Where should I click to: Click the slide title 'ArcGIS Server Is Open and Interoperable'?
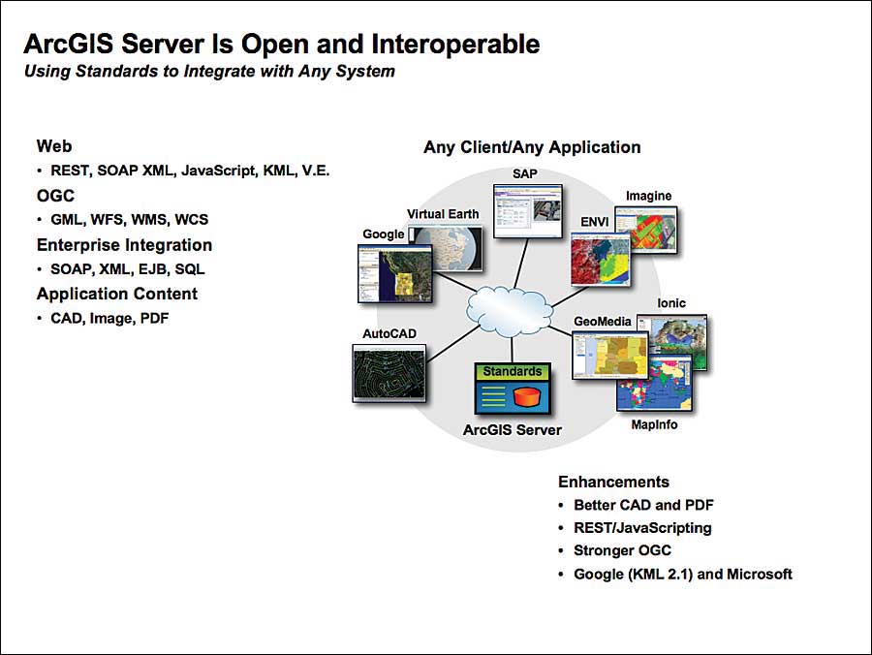pyautogui.click(x=281, y=44)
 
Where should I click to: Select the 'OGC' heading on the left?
pyautogui.click(x=56, y=196)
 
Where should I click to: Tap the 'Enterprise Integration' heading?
pyautogui.click(x=124, y=245)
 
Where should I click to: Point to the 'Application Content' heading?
pyautogui.click(x=117, y=294)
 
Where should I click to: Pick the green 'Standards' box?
pyautogui.click(x=513, y=372)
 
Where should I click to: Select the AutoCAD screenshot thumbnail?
pyautogui.click(x=389, y=373)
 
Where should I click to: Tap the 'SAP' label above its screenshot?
pyautogui.click(x=526, y=173)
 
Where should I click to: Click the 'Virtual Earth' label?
pyautogui.click(x=443, y=214)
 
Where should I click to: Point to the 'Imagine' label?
pyautogui.click(x=648, y=196)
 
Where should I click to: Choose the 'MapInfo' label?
pyautogui.click(x=654, y=424)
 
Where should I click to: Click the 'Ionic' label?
pyautogui.click(x=671, y=303)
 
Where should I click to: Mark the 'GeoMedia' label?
pyautogui.click(x=603, y=322)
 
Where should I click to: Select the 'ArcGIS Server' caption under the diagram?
pyautogui.click(x=513, y=429)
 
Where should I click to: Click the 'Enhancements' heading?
pyautogui.click(x=613, y=482)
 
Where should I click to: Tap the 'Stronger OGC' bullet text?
pyautogui.click(x=622, y=550)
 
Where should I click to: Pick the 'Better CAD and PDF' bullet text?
pyautogui.click(x=643, y=505)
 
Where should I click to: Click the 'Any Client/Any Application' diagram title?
pyautogui.click(x=532, y=147)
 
